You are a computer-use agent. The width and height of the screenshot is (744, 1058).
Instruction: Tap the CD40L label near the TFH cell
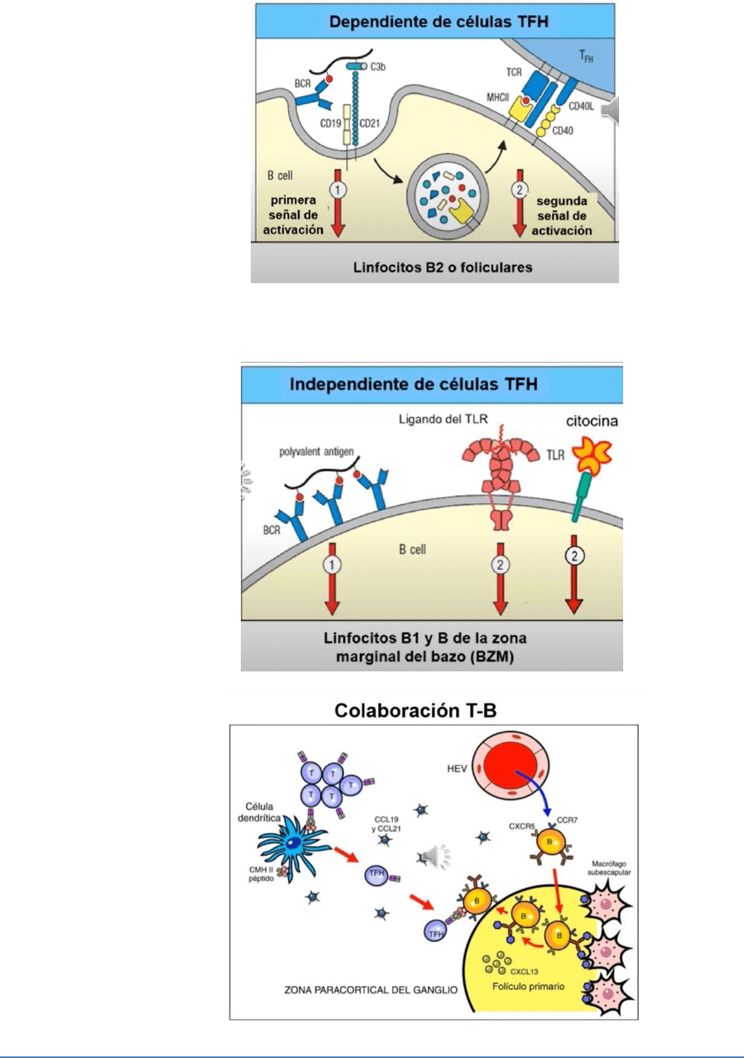click(583, 107)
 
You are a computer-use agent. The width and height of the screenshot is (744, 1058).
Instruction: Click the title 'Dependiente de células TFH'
click(434, 19)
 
